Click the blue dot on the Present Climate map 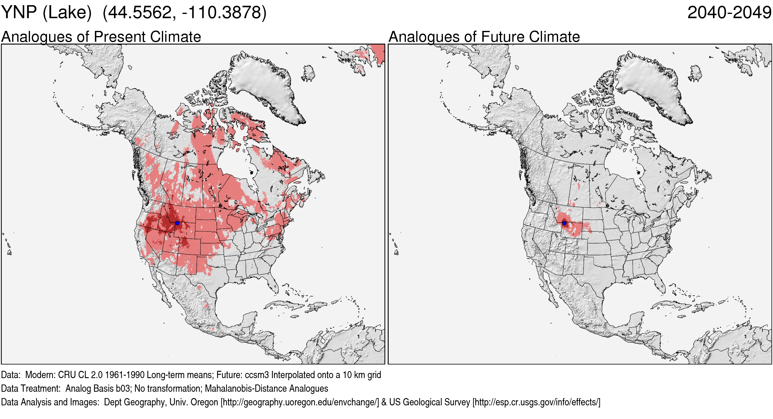click(177, 223)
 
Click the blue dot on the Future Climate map click(564, 223)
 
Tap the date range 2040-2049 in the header click(729, 13)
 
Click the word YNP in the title click(19, 13)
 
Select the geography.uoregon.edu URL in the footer click(300, 402)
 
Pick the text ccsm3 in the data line click(257, 375)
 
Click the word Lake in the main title click(67, 13)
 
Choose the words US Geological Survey click(429, 402)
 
